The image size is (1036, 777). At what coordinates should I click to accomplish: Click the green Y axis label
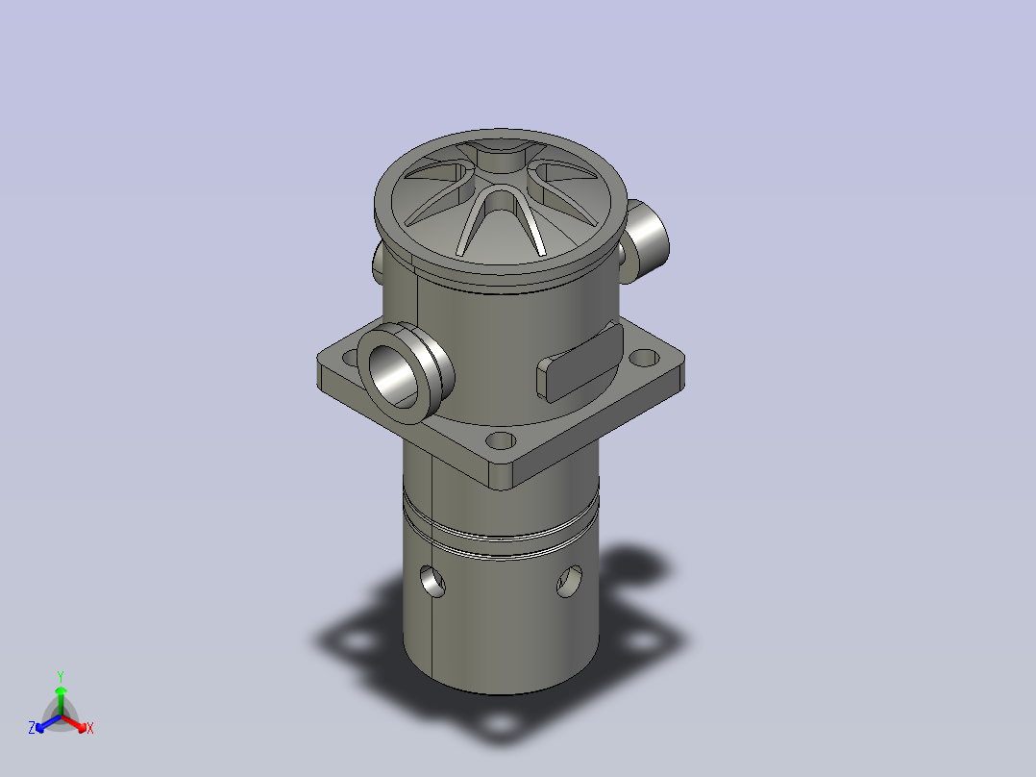tap(61, 676)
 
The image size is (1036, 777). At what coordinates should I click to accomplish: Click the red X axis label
tap(90, 728)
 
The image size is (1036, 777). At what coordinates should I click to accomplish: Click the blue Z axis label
tap(32, 728)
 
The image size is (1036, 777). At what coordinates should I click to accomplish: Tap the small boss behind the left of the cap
tap(378, 263)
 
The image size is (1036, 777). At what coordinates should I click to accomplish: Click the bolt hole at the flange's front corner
tap(500, 440)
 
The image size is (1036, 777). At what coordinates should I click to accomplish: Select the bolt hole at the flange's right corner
tap(644, 359)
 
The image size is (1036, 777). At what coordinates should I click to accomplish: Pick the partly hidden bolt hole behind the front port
tap(350, 358)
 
